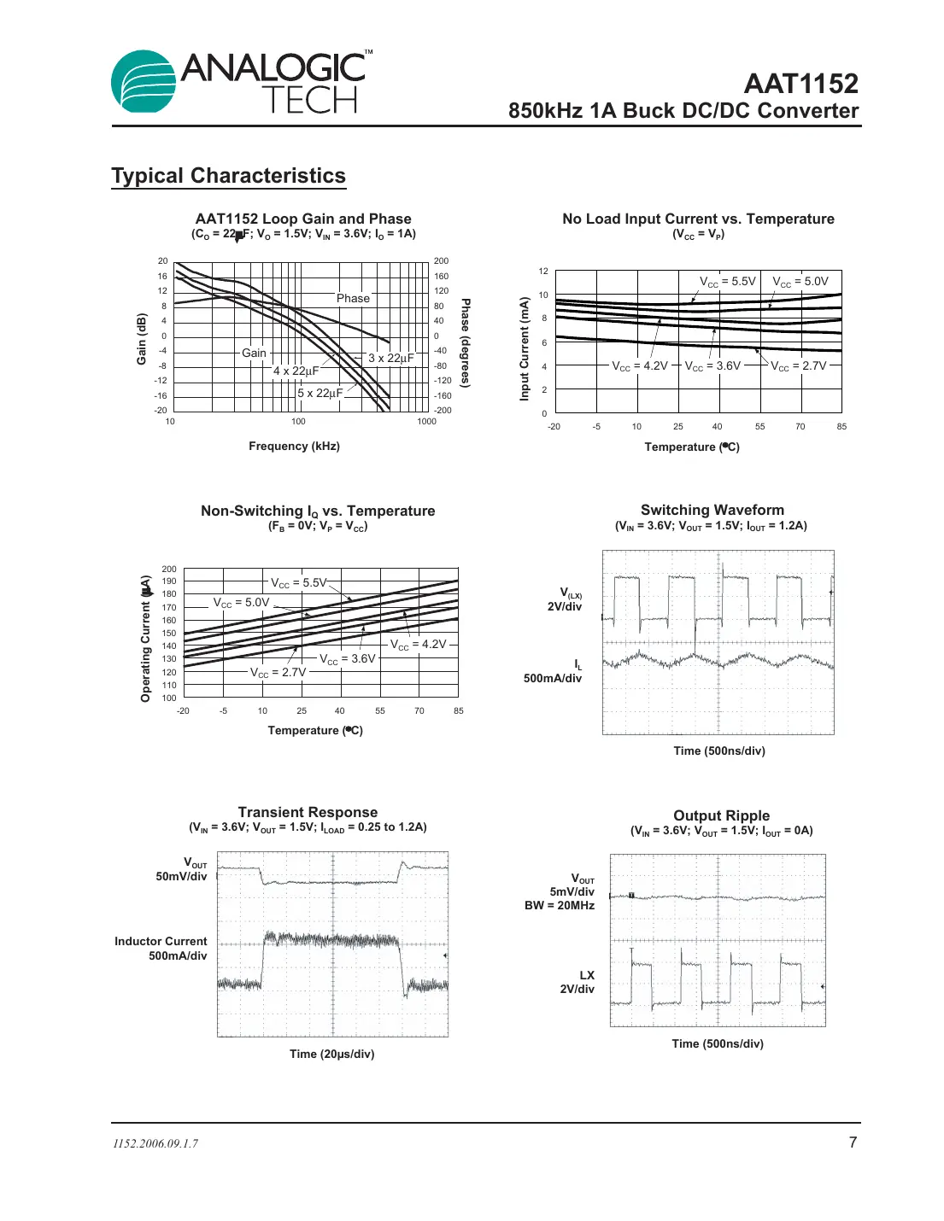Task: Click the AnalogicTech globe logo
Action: click(x=144, y=82)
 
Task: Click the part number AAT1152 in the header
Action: click(x=800, y=84)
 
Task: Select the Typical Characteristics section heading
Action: click(x=228, y=176)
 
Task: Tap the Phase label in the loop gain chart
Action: click(x=353, y=298)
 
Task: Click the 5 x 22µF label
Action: click(x=320, y=393)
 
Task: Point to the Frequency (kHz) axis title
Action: click(x=294, y=446)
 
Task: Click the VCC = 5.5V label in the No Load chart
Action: click(x=727, y=281)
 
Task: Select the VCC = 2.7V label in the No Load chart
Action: click(x=798, y=365)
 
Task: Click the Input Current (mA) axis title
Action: click(x=525, y=348)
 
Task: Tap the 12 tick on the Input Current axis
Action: click(x=543, y=271)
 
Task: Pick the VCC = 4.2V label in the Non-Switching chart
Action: click(x=418, y=644)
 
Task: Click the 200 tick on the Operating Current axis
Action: click(x=169, y=569)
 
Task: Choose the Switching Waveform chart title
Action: click(x=712, y=510)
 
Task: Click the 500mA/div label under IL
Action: click(x=552, y=678)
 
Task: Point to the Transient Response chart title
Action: click(x=308, y=812)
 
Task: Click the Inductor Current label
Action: click(x=161, y=941)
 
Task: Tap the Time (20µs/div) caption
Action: click(x=331, y=1054)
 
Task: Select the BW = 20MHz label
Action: click(x=559, y=905)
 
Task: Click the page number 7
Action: click(x=852, y=1142)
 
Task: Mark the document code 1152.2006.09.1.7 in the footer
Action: click(x=155, y=1143)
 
